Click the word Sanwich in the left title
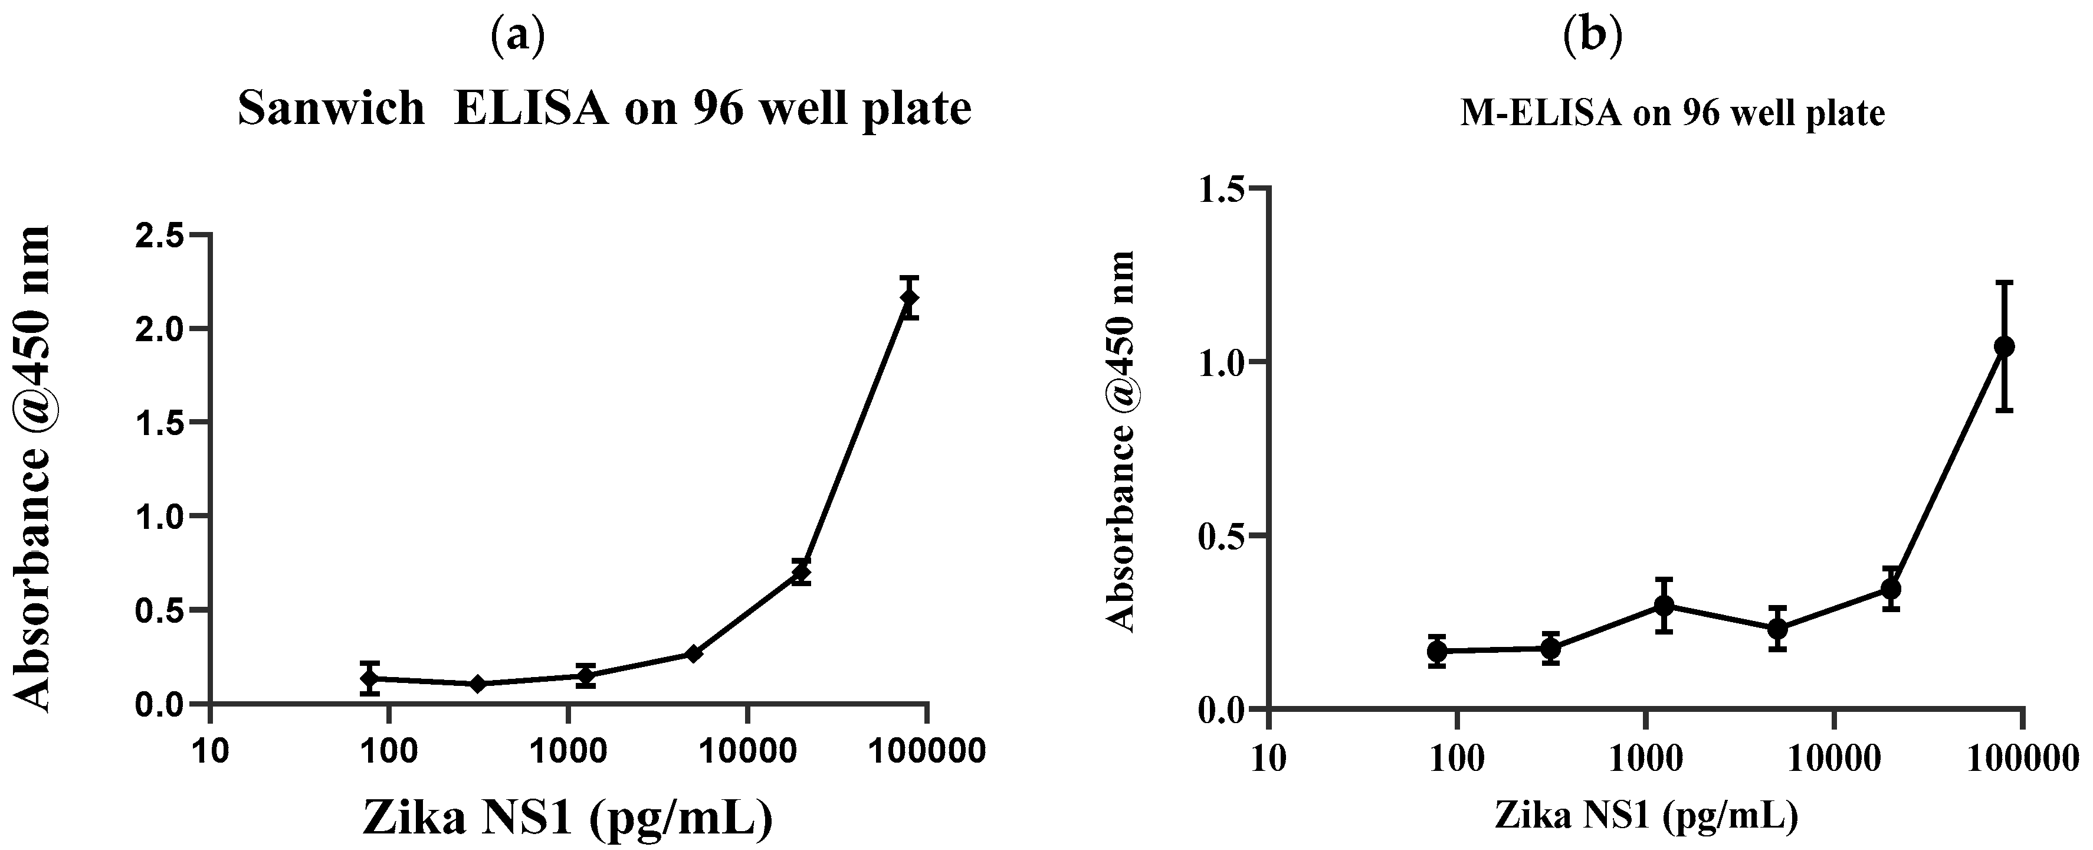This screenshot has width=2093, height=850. pos(332,108)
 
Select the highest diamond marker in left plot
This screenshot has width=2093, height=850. pos(909,298)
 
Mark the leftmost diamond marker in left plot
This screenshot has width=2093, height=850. pos(370,678)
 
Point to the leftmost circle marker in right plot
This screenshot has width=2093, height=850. pos(1437,651)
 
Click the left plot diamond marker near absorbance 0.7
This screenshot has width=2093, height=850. pos(802,572)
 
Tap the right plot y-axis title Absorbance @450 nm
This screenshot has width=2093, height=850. pos(1122,442)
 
